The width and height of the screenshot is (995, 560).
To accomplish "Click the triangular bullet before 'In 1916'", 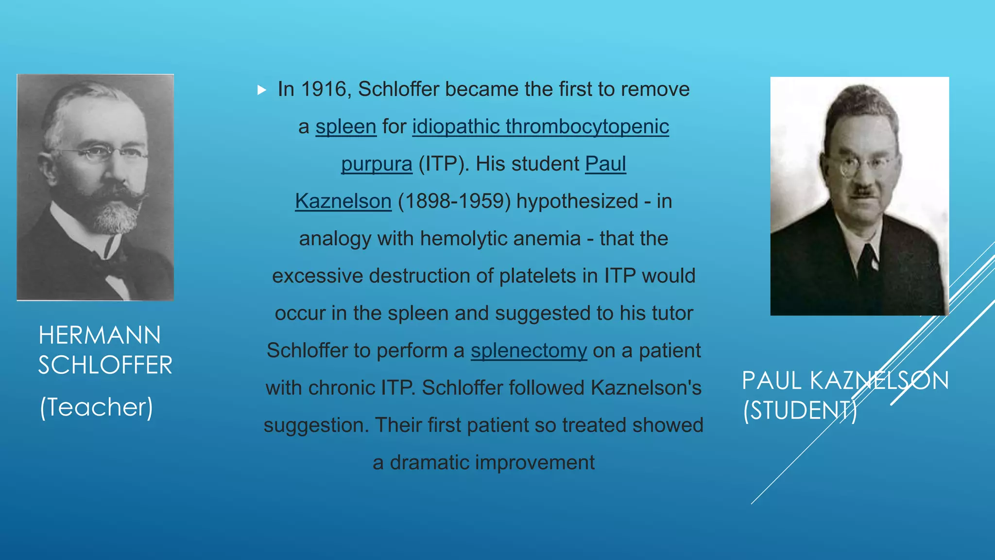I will pyautogui.click(x=262, y=90).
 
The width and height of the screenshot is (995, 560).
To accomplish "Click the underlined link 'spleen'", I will pyautogui.click(x=346, y=127).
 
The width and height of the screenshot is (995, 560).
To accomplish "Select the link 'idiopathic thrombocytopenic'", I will pyautogui.click(x=540, y=127).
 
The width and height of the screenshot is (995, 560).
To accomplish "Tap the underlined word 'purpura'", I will pyautogui.click(x=377, y=164).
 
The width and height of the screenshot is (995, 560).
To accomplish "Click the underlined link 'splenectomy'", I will pyautogui.click(x=529, y=350).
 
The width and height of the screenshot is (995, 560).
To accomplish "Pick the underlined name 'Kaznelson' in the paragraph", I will pyautogui.click(x=343, y=201).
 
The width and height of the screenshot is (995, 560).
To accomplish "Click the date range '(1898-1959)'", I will pyautogui.click(x=454, y=201).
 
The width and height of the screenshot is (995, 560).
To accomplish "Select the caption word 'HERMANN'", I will pyautogui.click(x=100, y=335).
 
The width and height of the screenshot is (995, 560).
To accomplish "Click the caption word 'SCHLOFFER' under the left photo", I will pyautogui.click(x=105, y=365).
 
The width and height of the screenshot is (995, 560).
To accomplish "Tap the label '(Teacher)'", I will pyautogui.click(x=96, y=407).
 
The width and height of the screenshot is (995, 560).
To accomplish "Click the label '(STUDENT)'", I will pyautogui.click(x=800, y=410).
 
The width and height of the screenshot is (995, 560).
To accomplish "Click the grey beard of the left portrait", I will pyautogui.click(x=117, y=216).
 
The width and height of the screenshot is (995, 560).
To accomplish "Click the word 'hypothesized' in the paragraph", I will pyautogui.click(x=577, y=201).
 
